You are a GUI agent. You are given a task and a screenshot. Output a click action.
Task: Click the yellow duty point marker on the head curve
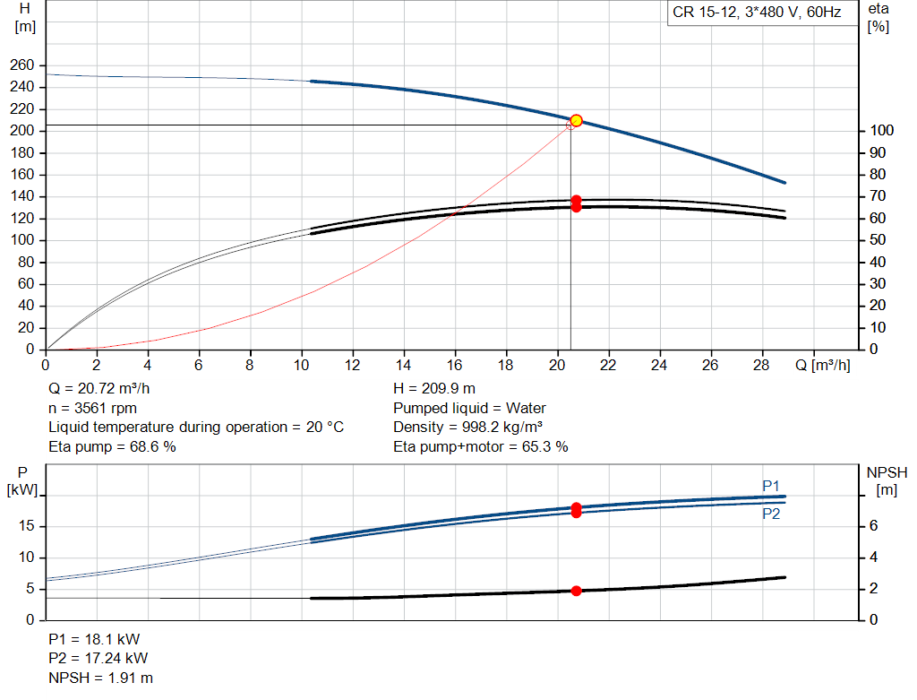click(x=576, y=121)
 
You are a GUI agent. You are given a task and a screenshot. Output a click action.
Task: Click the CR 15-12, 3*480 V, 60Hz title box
click(x=758, y=13)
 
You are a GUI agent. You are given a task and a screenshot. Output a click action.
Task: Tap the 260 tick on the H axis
click(x=21, y=65)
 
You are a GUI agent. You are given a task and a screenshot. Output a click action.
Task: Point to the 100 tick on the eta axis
click(x=881, y=131)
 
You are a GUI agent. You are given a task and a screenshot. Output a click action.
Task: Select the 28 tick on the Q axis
click(x=761, y=365)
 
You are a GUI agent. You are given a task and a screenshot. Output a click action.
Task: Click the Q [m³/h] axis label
click(x=822, y=365)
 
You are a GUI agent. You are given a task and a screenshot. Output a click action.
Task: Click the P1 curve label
click(x=771, y=486)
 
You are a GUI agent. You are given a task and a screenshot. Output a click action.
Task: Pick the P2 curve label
click(x=771, y=514)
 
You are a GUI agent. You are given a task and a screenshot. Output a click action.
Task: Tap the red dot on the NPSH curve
click(x=576, y=592)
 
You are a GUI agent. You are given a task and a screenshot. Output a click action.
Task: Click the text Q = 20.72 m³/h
click(x=99, y=389)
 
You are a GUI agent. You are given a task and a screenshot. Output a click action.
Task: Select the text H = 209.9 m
click(x=434, y=389)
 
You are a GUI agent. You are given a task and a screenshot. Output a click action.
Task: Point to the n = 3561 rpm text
click(x=92, y=408)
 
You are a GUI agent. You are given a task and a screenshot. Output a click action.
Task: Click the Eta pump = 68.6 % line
click(x=112, y=446)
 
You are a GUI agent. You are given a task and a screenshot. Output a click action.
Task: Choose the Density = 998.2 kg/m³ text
click(x=467, y=428)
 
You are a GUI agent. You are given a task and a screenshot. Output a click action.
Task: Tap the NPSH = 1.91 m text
click(x=100, y=678)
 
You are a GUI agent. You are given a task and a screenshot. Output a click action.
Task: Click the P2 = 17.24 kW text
click(x=99, y=659)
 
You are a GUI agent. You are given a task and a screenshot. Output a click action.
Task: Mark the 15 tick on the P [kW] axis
click(x=26, y=525)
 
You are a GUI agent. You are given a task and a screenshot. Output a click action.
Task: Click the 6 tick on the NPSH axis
click(x=873, y=525)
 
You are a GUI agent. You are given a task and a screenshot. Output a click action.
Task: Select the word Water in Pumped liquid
click(x=526, y=408)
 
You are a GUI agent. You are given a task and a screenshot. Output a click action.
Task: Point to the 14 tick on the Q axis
click(x=403, y=365)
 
